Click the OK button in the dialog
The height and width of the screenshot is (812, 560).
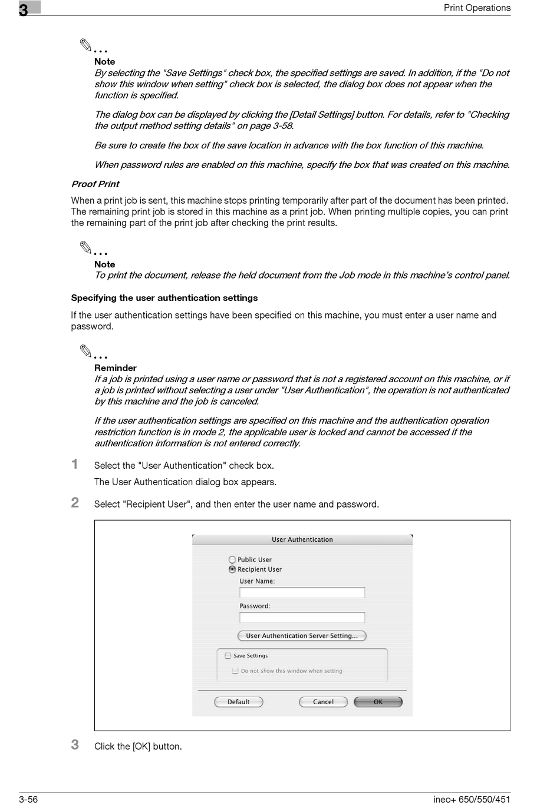378,702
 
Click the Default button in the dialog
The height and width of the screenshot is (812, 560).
238,702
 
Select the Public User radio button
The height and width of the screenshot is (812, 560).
232,559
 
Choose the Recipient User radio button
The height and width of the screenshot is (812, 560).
232,569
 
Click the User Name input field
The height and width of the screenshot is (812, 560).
302,592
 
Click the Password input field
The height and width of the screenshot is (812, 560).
302,617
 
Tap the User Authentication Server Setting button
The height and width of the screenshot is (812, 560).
302,636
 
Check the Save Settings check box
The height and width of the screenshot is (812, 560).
228,655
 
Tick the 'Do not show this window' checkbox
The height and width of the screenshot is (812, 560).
235,671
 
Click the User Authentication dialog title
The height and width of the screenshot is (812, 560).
302,539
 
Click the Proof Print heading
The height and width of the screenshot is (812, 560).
95,184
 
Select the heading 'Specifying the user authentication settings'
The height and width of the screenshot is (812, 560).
164,298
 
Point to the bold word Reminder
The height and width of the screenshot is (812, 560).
116,368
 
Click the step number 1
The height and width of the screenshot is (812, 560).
75,464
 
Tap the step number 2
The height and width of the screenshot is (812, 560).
75,502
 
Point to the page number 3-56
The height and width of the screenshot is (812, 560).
28,799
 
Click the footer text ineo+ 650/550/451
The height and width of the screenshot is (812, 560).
472,799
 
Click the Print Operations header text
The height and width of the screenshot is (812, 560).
477,8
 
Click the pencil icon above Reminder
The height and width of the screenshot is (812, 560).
87,352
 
